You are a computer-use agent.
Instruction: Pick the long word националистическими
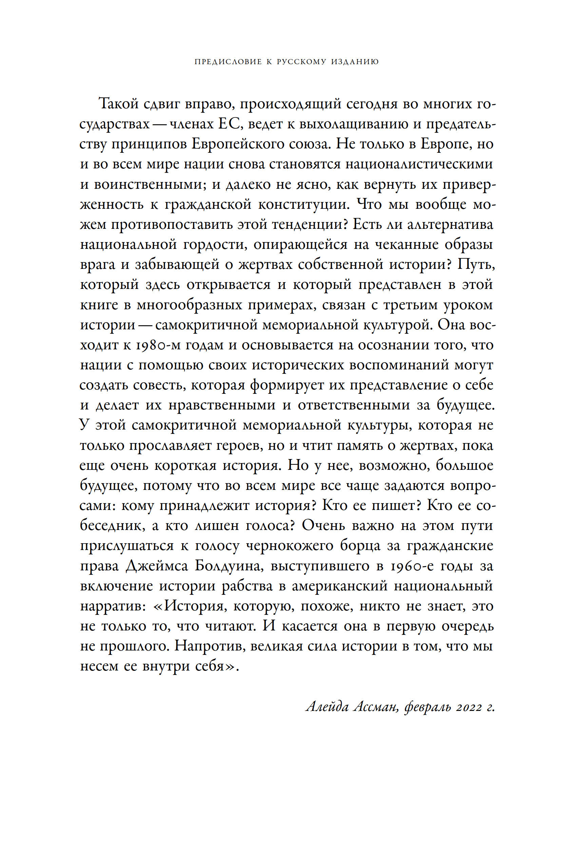[x=419, y=164]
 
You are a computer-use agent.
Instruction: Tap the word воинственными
[x=150, y=185]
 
